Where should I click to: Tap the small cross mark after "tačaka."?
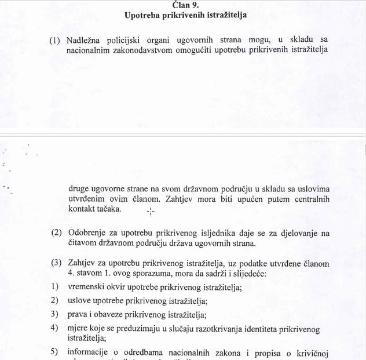point(151,211)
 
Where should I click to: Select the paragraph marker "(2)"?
point(56,233)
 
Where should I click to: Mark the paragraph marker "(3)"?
point(56,263)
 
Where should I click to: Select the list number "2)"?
point(54,301)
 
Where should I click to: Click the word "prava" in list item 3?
point(78,315)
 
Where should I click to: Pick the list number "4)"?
point(54,328)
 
